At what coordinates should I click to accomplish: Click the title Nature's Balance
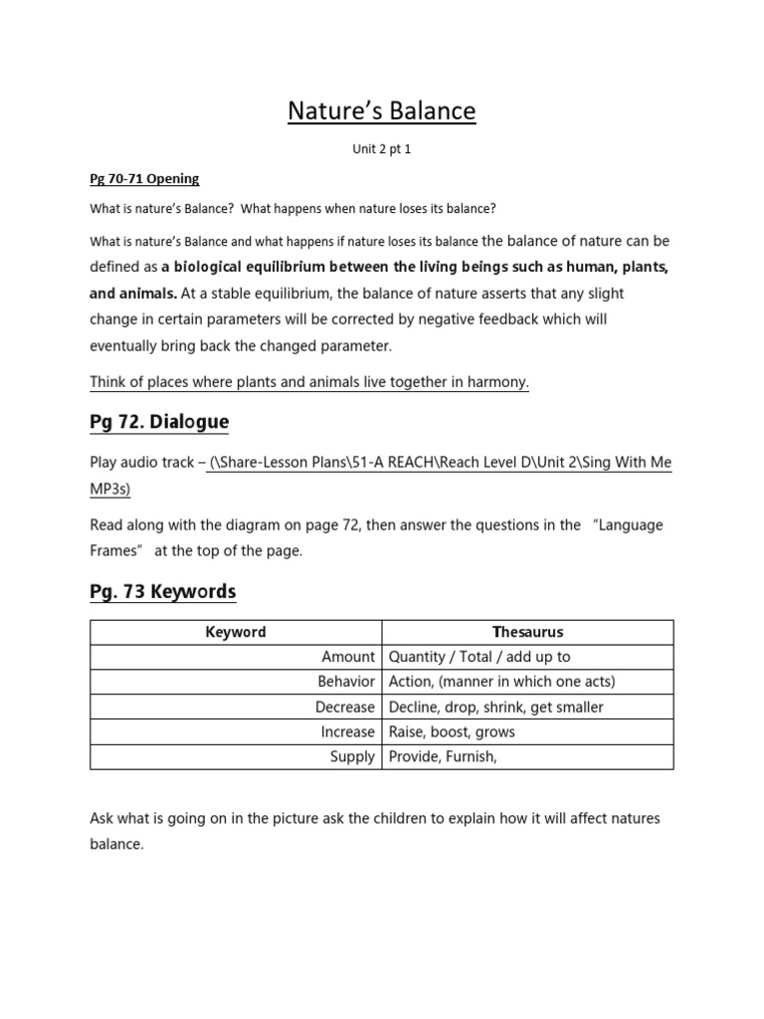pyautogui.click(x=382, y=111)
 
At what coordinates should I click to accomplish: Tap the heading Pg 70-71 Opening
pyautogui.click(x=145, y=179)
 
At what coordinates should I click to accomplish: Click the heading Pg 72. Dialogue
pyautogui.click(x=159, y=422)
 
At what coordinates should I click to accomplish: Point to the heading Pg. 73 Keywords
pyautogui.click(x=163, y=592)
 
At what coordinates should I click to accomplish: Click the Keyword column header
pyautogui.click(x=236, y=632)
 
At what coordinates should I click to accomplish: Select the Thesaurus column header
pyautogui.click(x=527, y=632)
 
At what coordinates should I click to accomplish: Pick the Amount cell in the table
pyautogui.click(x=348, y=657)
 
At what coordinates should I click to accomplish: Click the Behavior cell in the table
pyautogui.click(x=345, y=682)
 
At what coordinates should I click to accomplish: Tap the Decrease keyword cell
pyautogui.click(x=344, y=707)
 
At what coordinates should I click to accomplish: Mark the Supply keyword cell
pyautogui.click(x=352, y=756)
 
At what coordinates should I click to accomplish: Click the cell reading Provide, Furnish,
pyautogui.click(x=443, y=756)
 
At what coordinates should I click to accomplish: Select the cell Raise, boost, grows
pyautogui.click(x=453, y=731)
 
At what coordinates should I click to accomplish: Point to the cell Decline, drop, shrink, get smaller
pyautogui.click(x=496, y=707)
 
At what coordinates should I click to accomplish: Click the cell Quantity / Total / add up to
pyautogui.click(x=479, y=657)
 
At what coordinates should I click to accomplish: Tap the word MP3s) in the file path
pyautogui.click(x=110, y=490)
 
